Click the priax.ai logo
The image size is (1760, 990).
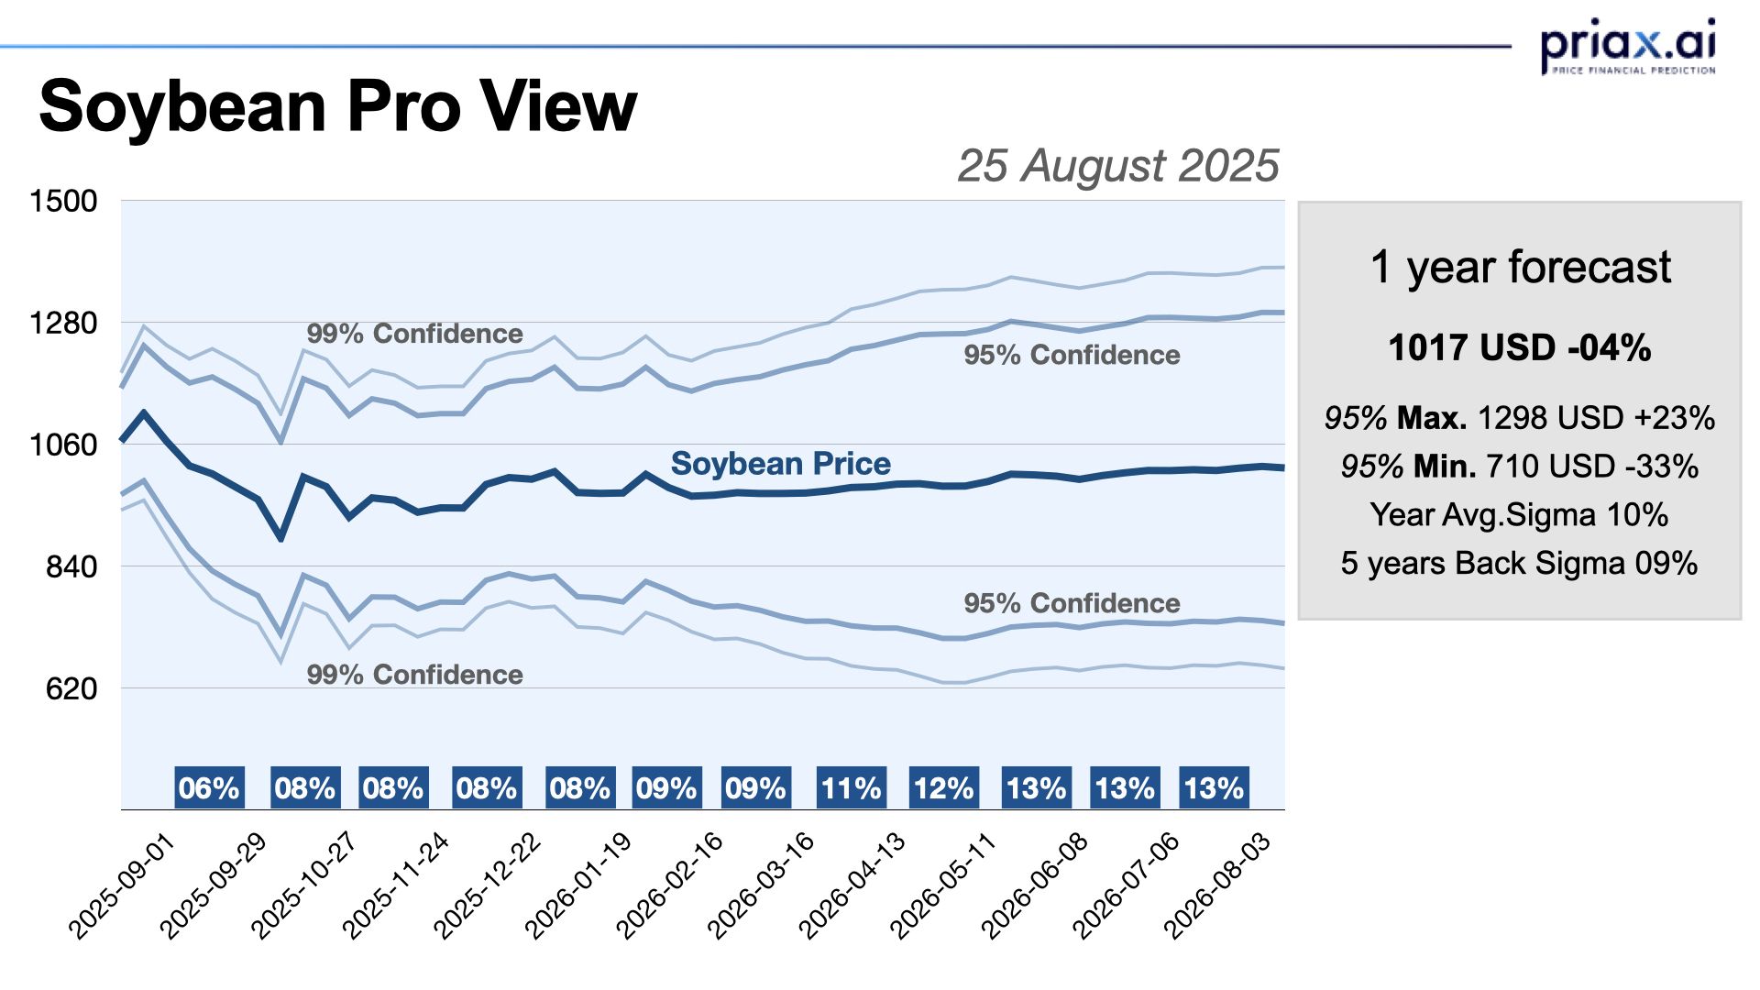[1627, 46]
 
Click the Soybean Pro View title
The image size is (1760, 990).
[337, 106]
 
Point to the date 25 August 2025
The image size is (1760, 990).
[1117, 166]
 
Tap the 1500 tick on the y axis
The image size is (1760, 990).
[63, 201]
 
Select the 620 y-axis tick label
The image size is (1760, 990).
[71, 688]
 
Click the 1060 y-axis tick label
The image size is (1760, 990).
[63, 445]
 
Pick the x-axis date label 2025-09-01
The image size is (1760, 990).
[122, 885]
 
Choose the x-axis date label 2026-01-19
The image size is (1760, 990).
[578, 885]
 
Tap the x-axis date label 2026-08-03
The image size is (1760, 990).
[1217, 885]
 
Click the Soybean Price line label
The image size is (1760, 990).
[780, 464]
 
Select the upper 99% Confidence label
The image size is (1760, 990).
[414, 334]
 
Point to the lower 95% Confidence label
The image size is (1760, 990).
[1072, 603]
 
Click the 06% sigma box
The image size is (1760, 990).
[209, 788]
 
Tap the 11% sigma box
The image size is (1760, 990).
[852, 788]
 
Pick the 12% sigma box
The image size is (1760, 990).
[944, 788]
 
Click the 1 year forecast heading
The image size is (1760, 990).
[1520, 268]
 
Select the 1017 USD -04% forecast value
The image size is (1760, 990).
[1520, 348]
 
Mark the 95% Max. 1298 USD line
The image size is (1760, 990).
[1520, 418]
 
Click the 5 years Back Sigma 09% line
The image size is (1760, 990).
[1520, 563]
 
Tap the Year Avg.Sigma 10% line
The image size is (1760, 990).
[1520, 514]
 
